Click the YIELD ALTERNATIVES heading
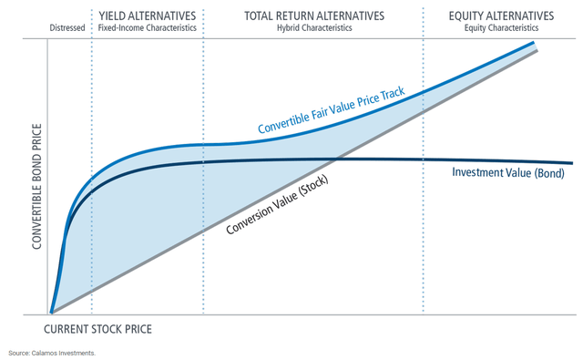pos(148,15)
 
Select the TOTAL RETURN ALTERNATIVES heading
pos(314,15)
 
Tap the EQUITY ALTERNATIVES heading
pos(501,15)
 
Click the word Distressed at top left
pos(66,28)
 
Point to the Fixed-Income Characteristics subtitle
pos(148,28)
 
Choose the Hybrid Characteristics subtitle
pos(314,28)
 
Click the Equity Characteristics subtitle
pos(501,28)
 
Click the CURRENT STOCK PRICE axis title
pos(97,327)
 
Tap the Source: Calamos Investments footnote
pos(52,352)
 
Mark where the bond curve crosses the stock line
pos(336,159)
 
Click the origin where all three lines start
pos(52,313)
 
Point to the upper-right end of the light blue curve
pos(535,42)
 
